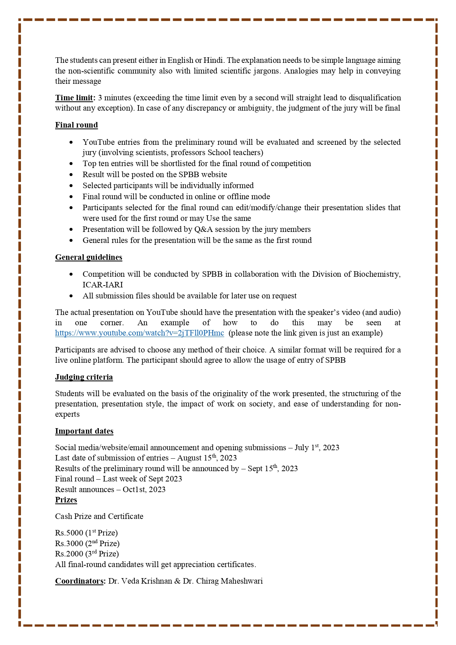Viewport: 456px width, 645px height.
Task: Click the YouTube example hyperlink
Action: [139, 333]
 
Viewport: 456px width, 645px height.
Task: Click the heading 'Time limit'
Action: [74, 98]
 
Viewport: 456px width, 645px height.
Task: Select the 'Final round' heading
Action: [76, 125]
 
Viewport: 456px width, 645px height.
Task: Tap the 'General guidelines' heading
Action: [89, 257]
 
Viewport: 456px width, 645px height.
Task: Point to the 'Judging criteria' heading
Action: [84, 377]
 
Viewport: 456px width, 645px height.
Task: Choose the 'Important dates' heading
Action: [84, 431]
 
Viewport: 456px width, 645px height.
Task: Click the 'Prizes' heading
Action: [66, 500]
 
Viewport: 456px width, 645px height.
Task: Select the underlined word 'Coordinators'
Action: [79, 581]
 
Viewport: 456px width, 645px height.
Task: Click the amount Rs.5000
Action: [69, 533]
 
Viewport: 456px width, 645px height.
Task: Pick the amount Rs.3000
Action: [69, 544]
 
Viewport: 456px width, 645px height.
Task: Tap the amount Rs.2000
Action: [69, 554]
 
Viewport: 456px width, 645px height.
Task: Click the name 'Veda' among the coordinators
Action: [130, 581]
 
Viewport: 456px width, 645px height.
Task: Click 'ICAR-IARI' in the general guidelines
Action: [103, 285]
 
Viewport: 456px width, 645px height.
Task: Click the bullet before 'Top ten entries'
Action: [71, 164]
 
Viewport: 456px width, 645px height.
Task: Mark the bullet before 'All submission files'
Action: [71, 296]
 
